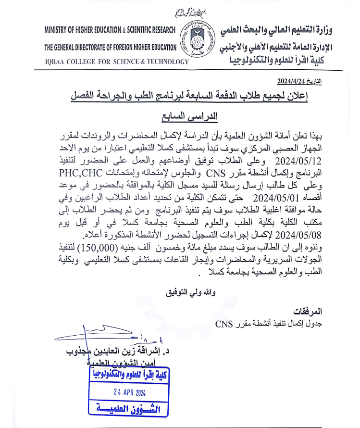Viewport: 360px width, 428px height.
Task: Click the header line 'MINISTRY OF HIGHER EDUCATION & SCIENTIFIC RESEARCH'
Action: (110, 30)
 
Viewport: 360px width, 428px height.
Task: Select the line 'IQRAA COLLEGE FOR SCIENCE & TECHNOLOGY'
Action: (110, 62)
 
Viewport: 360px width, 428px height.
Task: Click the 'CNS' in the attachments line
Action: (223, 323)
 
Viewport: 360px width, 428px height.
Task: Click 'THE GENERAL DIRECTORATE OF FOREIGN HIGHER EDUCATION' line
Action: (111, 47)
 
